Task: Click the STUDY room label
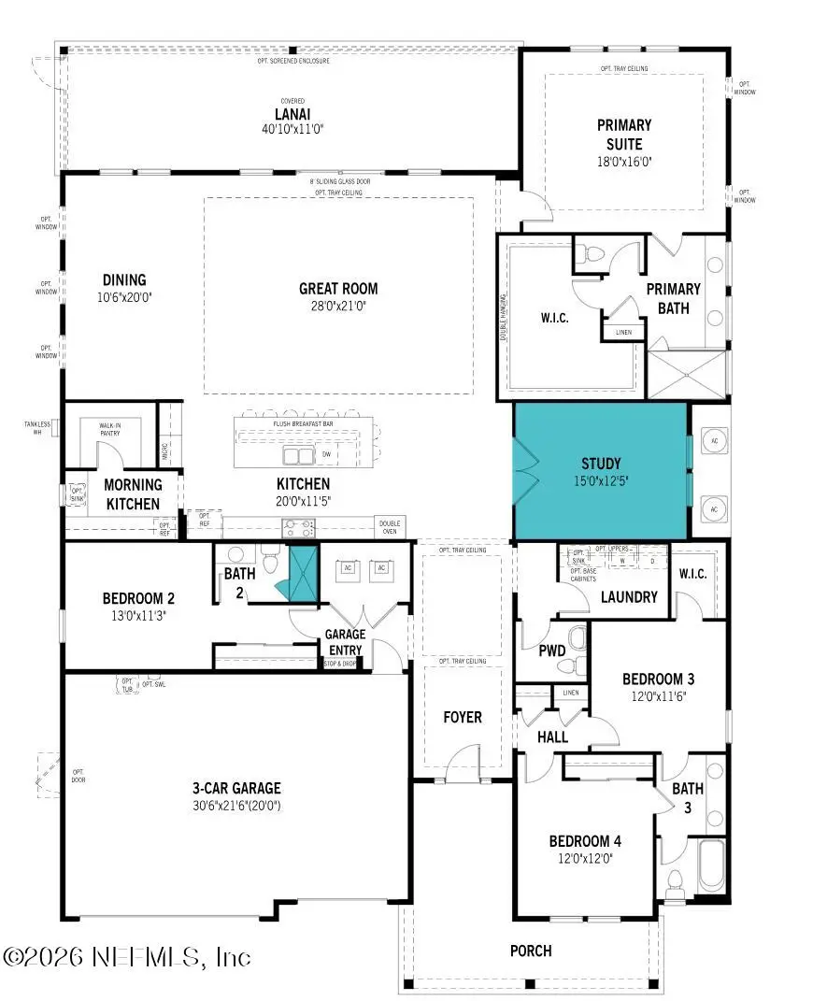coord(601,464)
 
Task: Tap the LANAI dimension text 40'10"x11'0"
coord(293,129)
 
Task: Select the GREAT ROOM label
coord(338,289)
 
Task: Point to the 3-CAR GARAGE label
coord(237,788)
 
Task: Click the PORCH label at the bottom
coord(530,951)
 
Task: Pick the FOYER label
coord(463,717)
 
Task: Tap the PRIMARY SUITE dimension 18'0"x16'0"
coord(624,161)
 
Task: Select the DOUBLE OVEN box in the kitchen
coord(391,526)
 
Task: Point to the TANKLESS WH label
coord(37,428)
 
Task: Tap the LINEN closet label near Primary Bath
coord(623,332)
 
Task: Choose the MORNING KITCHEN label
coord(133,493)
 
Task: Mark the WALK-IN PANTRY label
coord(118,429)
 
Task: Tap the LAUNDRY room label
coord(629,596)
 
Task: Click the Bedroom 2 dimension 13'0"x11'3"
coord(138,614)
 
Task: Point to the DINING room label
coord(124,279)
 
